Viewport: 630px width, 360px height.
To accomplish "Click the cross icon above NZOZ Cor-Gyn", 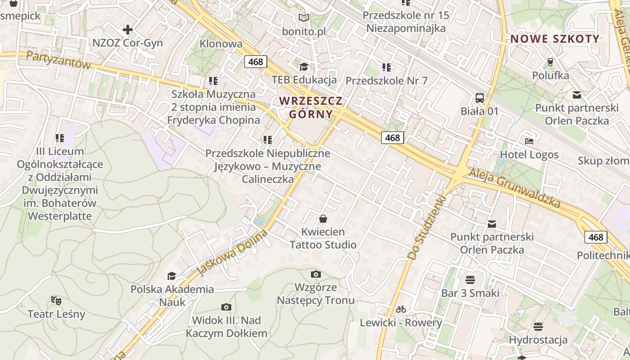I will click(128, 30).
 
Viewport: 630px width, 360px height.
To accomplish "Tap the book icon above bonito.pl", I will click(304, 18).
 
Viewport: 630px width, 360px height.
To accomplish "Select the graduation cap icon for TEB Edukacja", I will click(304, 67).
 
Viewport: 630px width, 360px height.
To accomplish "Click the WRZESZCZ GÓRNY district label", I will click(311, 107).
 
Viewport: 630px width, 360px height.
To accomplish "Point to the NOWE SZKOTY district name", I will click(555, 39).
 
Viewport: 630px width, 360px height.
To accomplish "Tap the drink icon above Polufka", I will click(550, 62).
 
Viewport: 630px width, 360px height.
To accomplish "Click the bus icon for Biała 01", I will click(480, 98).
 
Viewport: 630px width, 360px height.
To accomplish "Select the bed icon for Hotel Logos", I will click(529, 141).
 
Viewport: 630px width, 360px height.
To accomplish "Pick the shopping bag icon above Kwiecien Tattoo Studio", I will click(323, 219).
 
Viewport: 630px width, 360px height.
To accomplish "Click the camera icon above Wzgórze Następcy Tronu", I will click(316, 274).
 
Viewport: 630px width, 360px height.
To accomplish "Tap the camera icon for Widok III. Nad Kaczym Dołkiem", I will click(226, 307).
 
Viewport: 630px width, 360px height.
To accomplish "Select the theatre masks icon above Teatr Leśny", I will click(56, 300).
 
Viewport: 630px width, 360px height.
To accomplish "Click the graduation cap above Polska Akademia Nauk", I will click(171, 276).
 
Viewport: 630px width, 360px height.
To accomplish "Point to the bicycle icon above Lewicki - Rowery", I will click(401, 309).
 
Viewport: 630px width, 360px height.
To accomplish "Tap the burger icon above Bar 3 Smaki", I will click(470, 280).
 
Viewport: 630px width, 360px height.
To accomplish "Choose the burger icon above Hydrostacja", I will click(538, 326).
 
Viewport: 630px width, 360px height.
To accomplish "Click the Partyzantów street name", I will click(58, 59).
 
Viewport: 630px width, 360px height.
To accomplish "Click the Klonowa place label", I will click(221, 44).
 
